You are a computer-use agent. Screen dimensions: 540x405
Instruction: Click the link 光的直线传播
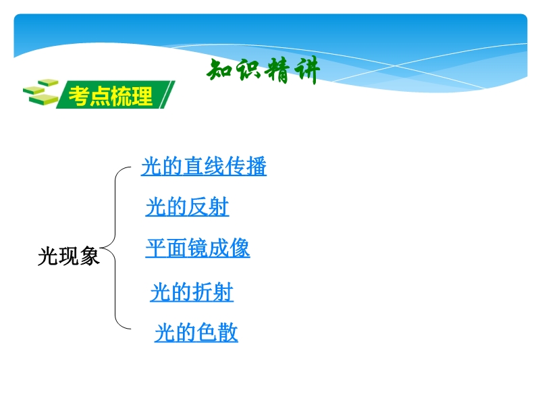pyautogui.click(x=204, y=166)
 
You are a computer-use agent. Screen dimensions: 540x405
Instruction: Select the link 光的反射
pyautogui.click(x=187, y=207)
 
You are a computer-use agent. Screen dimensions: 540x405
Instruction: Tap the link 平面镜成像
pyautogui.click(x=198, y=248)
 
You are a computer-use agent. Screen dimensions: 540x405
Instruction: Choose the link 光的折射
pyautogui.click(x=192, y=292)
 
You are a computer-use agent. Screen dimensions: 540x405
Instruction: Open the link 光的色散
pyautogui.click(x=196, y=332)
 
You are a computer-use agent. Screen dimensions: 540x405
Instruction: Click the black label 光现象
pyautogui.click(x=69, y=256)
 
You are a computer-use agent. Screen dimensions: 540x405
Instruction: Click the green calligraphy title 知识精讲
pyautogui.click(x=263, y=71)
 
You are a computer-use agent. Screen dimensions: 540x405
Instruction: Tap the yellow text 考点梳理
pyautogui.click(x=111, y=96)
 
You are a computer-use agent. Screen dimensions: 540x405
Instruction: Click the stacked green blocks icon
pyautogui.click(x=40, y=92)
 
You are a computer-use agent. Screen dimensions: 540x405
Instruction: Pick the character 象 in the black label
pyautogui.click(x=90, y=256)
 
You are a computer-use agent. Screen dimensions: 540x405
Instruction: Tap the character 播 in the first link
pyautogui.click(x=256, y=166)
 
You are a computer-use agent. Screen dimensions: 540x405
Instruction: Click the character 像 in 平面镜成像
pyautogui.click(x=240, y=247)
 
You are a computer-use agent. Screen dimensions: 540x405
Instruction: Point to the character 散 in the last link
pyautogui.click(x=227, y=332)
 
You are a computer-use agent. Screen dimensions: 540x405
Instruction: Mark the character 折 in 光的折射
pyautogui.click(x=202, y=292)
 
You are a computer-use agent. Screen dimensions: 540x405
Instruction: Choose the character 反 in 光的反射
pyautogui.click(x=198, y=207)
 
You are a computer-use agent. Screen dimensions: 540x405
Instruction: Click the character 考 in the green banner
pyautogui.click(x=79, y=96)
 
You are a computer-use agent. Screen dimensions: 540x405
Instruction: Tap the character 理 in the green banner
pyautogui.click(x=142, y=96)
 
